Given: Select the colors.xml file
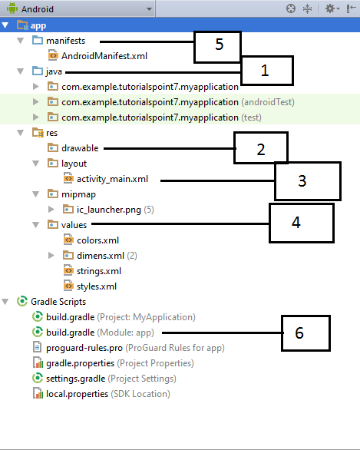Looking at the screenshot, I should pyautogui.click(x=97, y=240).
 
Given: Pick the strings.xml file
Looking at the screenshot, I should pyautogui.click(x=99, y=271).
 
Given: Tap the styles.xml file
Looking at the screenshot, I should pyautogui.click(x=97, y=286).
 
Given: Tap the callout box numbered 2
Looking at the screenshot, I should pyautogui.click(x=260, y=147).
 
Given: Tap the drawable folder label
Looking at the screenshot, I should pyautogui.click(x=80, y=148).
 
